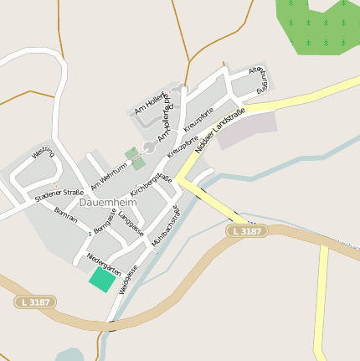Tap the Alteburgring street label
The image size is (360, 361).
pos(260,82)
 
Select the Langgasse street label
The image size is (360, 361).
pos(131,224)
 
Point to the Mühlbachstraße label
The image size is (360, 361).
pos(165,225)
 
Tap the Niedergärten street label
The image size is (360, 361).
pos(104,266)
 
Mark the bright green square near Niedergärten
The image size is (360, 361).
pos(103,279)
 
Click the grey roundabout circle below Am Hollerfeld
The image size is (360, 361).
pos(148,147)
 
